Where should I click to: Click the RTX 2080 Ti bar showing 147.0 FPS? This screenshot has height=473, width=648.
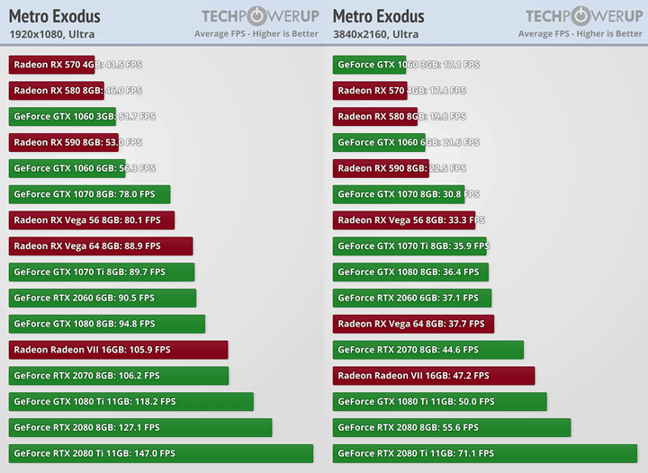point(161,453)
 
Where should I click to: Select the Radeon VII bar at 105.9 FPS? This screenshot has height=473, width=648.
point(119,350)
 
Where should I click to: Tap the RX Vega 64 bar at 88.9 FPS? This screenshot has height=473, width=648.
point(101,245)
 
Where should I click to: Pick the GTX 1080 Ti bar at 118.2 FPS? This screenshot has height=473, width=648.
point(131,401)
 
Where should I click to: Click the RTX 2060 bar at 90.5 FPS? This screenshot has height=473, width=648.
point(103,298)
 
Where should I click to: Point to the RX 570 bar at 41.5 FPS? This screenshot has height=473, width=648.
point(52,65)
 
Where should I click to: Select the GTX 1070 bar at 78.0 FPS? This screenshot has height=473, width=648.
point(90,194)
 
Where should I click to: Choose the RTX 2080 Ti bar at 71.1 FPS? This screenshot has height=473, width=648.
point(485,453)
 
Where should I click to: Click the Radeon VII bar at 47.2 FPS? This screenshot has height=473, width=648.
point(434,375)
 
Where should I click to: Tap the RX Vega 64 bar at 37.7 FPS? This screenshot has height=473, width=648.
point(413,324)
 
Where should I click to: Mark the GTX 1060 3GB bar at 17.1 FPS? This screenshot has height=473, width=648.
point(377,65)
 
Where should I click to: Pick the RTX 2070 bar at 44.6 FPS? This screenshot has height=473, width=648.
point(428,350)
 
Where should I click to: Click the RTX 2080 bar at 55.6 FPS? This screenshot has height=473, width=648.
point(452,427)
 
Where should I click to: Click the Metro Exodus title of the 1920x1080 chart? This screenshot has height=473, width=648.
point(55,16)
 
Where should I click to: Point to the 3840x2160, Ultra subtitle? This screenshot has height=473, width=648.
point(375,34)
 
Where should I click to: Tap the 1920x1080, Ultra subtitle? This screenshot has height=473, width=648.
point(51,34)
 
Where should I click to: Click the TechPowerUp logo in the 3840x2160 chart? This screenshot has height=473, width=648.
point(583,16)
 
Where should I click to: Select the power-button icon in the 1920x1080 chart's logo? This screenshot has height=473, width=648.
point(261,16)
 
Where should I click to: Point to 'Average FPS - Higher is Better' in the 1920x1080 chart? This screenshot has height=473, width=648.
point(256,34)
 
